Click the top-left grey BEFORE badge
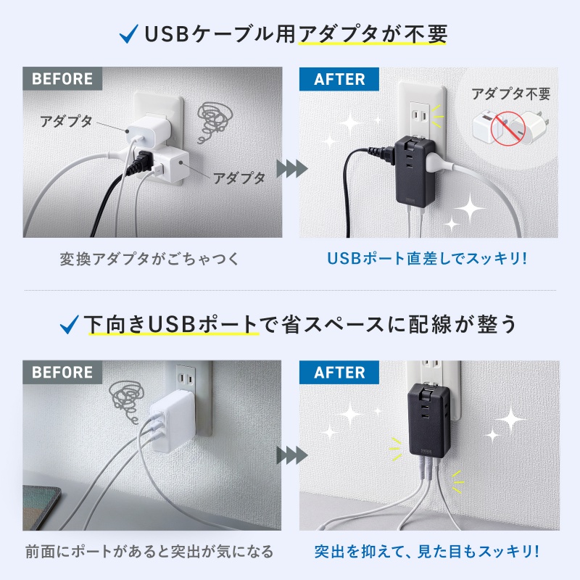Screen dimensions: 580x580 pos(62,79)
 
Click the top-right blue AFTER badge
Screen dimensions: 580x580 pos(339,79)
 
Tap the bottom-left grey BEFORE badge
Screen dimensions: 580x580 pos(62,372)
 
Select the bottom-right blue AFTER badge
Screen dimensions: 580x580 pos(339,372)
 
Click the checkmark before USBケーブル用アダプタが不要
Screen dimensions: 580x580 pos(128,34)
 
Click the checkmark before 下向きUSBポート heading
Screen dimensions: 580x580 pos(70,323)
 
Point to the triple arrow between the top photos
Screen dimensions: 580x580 pos(289,168)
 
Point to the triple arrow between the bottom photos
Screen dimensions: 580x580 pos(289,455)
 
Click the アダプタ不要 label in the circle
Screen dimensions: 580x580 pos(510,94)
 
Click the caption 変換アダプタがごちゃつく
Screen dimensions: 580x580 pos(149,259)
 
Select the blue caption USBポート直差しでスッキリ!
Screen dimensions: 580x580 pos(426,259)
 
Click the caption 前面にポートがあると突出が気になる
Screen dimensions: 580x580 pos(149,552)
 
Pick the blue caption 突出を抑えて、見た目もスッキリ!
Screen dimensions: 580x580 pos(426,552)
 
